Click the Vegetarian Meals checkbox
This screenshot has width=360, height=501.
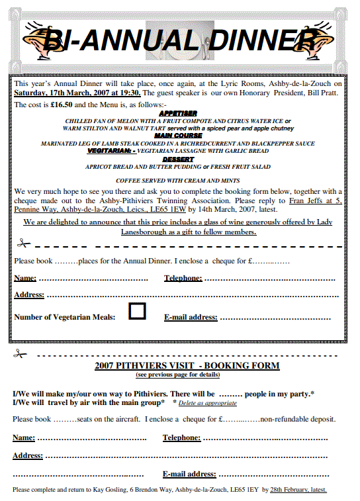(x=137, y=310)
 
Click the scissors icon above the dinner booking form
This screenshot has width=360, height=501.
(x=24, y=244)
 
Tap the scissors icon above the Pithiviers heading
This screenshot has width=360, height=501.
(x=20, y=355)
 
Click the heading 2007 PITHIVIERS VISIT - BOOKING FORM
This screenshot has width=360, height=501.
(x=187, y=366)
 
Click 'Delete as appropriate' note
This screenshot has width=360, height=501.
(x=207, y=403)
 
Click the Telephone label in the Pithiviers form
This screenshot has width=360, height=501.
(x=181, y=437)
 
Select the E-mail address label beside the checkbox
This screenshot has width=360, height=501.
(x=190, y=317)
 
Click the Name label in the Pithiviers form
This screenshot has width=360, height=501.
(x=24, y=437)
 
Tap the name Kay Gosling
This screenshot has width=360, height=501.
(x=111, y=490)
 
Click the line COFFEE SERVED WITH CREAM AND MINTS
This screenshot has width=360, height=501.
(x=177, y=180)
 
